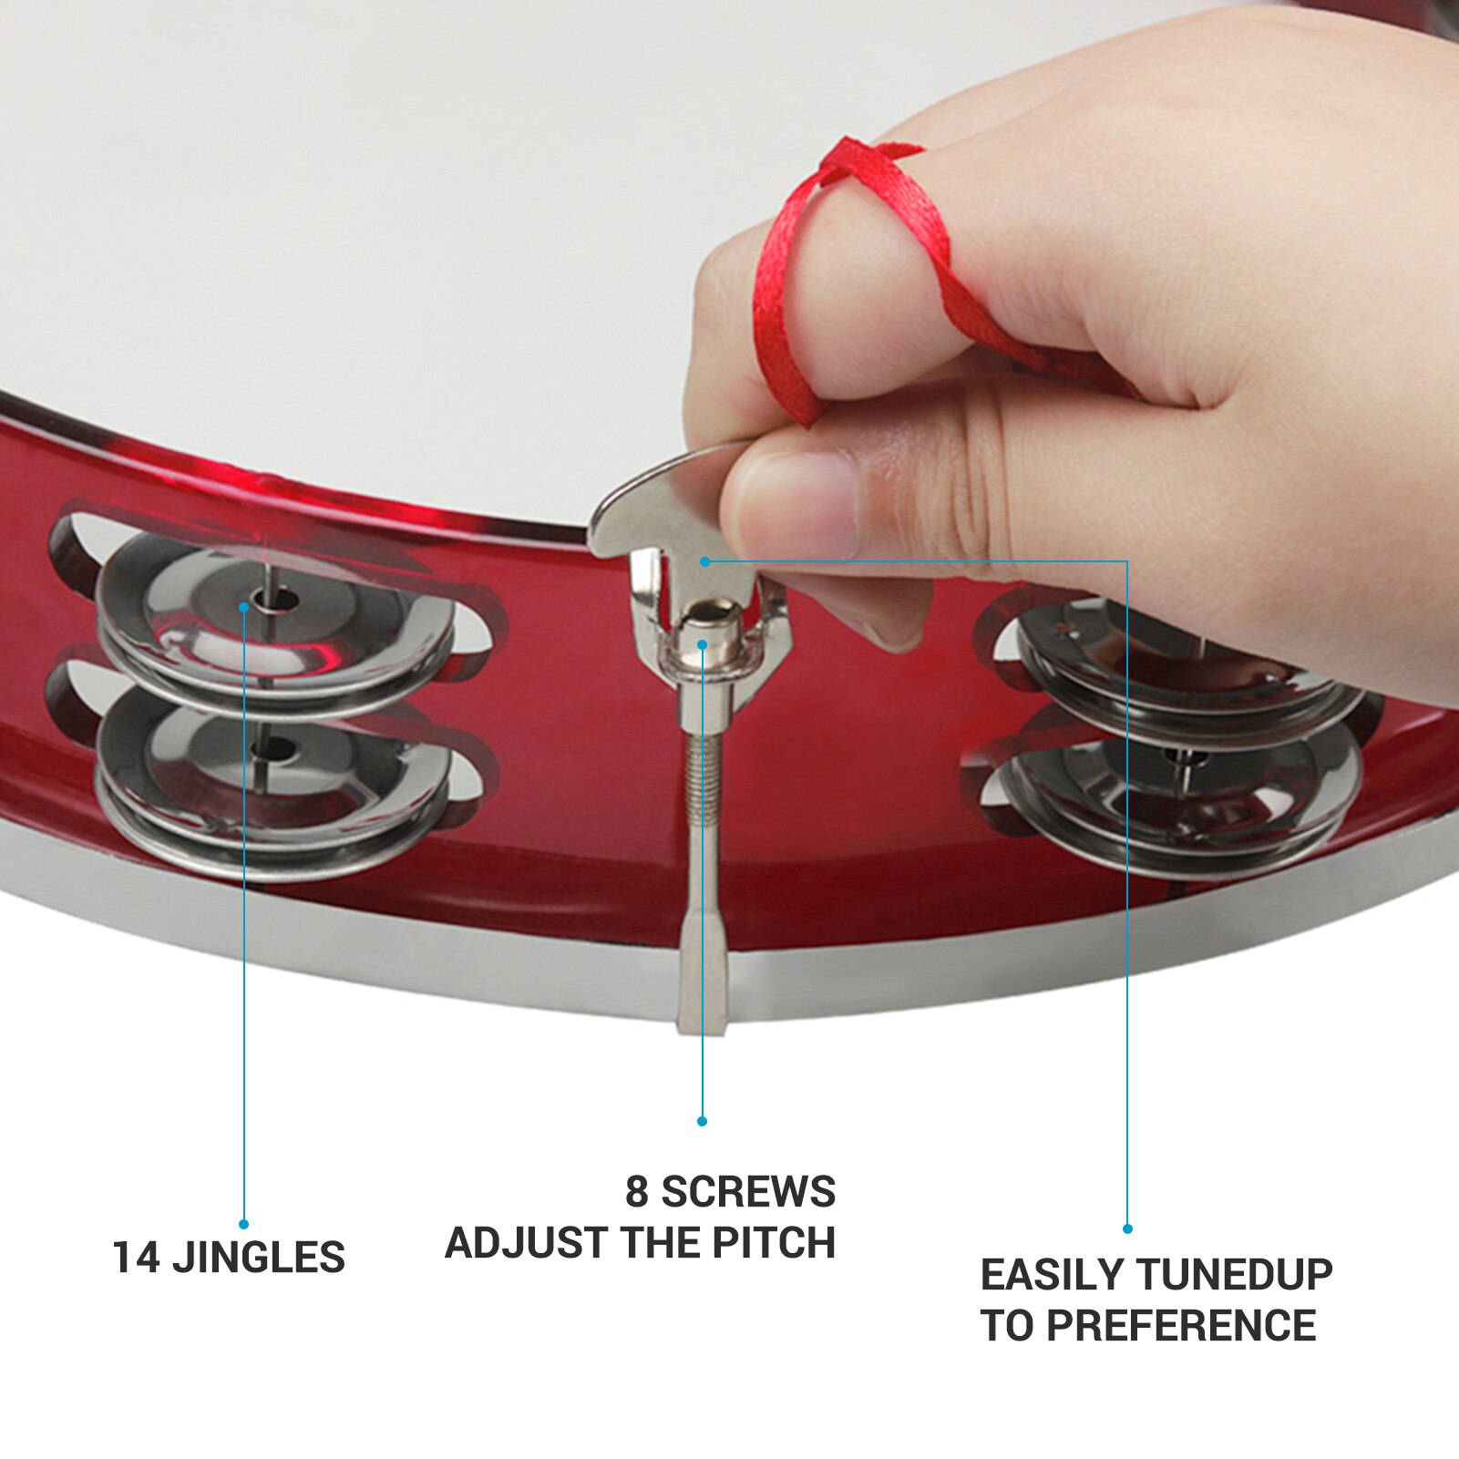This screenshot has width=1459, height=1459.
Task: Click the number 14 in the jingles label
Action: click(x=137, y=1258)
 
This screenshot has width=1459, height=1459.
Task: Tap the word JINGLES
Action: click(x=259, y=1258)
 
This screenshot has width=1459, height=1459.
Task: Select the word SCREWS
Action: click(x=747, y=1192)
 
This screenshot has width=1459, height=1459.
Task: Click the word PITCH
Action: click(x=774, y=1243)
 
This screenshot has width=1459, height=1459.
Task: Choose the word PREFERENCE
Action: click(x=1181, y=1325)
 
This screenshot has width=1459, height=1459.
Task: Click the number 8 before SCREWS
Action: click(x=636, y=1192)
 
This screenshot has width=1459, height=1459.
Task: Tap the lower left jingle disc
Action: click(x=273, y=775)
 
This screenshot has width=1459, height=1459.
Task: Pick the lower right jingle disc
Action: click(x=1185, y=793)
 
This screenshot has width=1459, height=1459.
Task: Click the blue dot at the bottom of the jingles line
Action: click(x=243, y=1224)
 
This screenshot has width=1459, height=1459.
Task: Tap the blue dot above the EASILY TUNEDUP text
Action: click(x=1127, y=1228)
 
